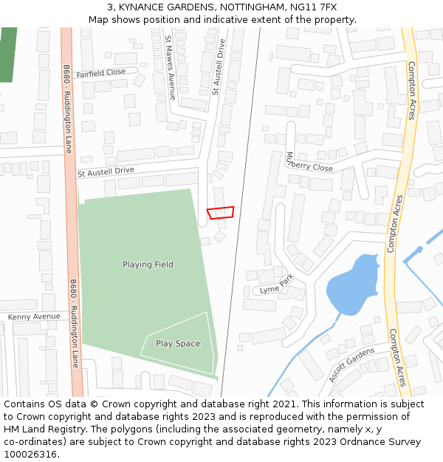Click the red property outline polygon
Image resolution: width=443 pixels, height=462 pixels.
220,213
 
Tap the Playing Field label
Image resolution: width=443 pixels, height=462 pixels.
148,265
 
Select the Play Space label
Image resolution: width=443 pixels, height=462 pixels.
177,344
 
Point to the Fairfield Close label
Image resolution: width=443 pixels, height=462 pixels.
100,73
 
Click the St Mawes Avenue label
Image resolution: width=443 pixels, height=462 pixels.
170,67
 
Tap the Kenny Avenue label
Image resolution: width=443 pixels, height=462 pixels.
34,317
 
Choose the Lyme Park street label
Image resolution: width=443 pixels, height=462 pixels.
277,284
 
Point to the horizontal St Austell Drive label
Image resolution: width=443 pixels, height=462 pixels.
106,171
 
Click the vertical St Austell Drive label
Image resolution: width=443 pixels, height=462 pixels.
217,67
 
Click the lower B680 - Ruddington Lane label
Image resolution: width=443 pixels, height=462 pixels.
74,323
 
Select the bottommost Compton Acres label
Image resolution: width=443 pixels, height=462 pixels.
397,358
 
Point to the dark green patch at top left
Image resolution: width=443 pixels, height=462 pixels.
7,54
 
